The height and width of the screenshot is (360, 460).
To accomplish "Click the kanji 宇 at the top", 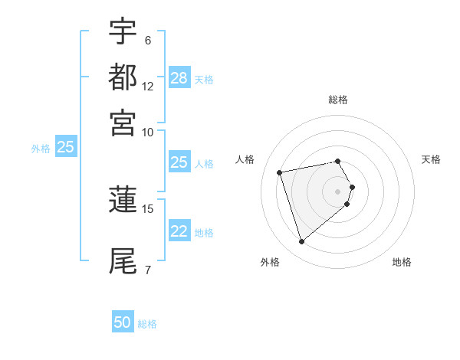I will (x=123, y=32).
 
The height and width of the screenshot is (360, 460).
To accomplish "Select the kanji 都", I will (x=123, y=77).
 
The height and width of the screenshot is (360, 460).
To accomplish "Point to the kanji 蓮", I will (x=123, y=201).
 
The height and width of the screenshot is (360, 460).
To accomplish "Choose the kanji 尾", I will (x=123, y=261).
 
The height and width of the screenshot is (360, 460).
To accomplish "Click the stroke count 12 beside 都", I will (x=148, y=87).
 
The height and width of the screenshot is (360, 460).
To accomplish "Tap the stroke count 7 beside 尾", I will (x=148, y=270).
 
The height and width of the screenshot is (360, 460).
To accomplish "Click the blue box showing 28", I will (x=179, y=78).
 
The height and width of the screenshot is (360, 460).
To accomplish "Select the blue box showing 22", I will (x=179, y=231).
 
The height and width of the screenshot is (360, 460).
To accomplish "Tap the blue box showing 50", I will (x=123, y=322).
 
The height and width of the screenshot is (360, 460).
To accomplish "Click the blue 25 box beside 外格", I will (x=65, y=147).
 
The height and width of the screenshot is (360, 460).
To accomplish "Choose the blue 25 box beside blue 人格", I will (x=179, y=162).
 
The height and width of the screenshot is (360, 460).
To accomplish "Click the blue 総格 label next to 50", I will (x=147, y=324).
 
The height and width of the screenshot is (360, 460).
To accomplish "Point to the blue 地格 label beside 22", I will (x=204, y=233).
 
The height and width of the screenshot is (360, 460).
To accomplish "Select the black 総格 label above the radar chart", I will (x=338, y=100).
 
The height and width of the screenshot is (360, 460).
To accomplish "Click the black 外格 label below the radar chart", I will (x=270, y=263).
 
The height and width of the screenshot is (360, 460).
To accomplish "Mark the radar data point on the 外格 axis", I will (x=302, y=242).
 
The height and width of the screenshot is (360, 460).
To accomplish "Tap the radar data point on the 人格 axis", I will (x=280, y=172).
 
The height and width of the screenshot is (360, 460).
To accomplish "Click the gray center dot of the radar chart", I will (x=338, y=191).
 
